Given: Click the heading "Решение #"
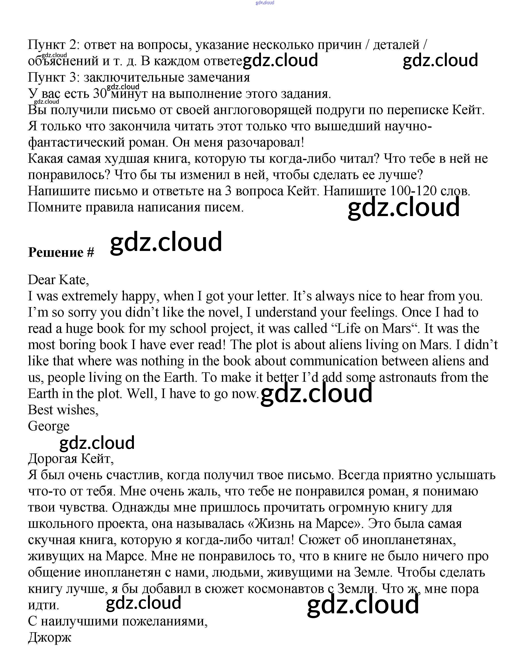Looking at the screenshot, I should coord(61,253).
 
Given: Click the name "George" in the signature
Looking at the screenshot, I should coord(49,426).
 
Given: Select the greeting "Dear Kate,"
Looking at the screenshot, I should coord(58,280).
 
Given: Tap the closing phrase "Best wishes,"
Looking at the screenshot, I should coord(63,410).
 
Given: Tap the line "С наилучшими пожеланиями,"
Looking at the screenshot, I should coord(118,621).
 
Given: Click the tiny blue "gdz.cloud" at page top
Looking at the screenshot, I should coord(265,3).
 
